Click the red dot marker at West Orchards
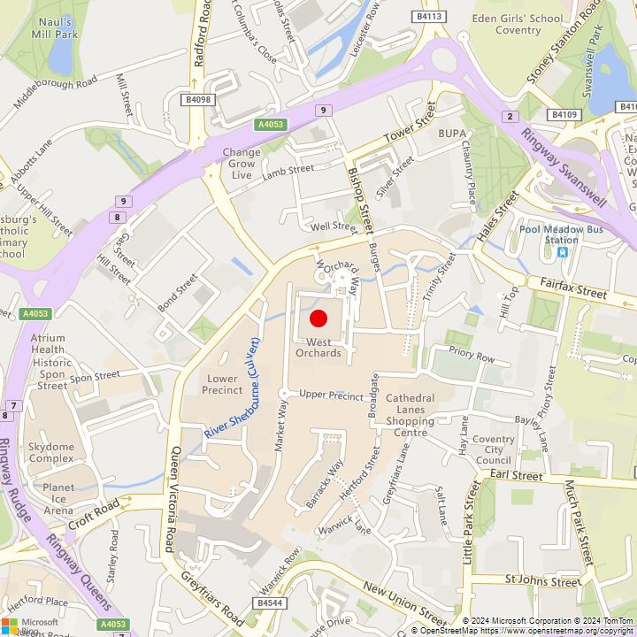click(319, 318)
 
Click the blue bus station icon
click(562, 252)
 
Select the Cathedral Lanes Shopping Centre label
click(410, 410)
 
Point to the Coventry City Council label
click(493, 449)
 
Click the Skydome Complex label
click(50, 453)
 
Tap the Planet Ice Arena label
click(58, 498)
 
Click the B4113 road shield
click(428, 17)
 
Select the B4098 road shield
click(199, 100)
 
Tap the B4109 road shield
click(563, 114)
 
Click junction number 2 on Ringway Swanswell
click(510, 117)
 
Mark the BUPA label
click(452, 133)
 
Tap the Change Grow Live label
click(241, 164)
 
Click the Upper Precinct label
click(331, 395)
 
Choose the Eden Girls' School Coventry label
click(518, 24)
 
